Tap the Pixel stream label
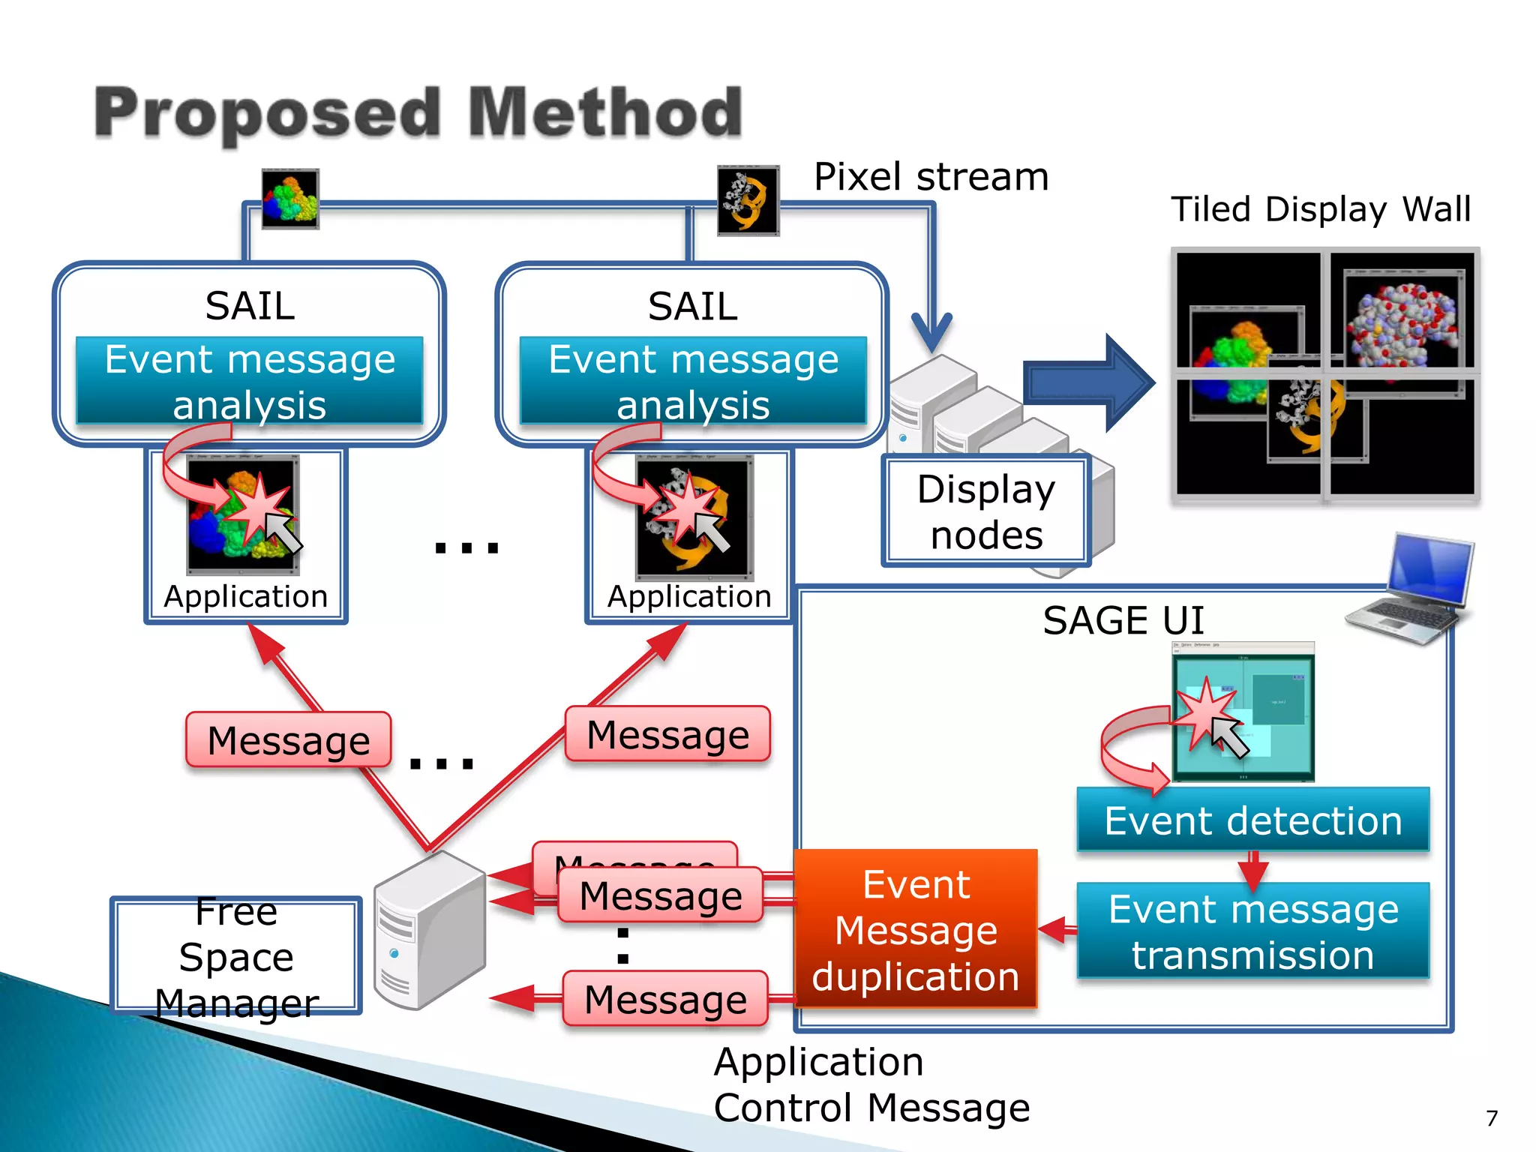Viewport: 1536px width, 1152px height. click(x=931, y=178)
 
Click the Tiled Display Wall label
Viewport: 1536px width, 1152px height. click(x=1320, y=209)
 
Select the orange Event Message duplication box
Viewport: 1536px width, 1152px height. click(x=916, y=930)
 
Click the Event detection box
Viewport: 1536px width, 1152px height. click(x=1252, y=820)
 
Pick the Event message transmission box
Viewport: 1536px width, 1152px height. click(x=1252, y=931)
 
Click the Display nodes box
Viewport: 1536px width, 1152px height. click(x=985, y=511)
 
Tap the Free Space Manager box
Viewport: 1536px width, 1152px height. click(x=236, y=956)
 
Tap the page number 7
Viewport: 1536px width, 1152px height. click(x=1492, y=1118)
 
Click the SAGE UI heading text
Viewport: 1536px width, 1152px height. click(x=1123, y=621)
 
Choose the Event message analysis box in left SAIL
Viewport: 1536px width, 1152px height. click(x=249, y=381)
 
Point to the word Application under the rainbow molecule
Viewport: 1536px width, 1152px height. click(x=246, y=597)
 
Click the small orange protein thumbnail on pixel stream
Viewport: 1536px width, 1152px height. click(x=748, y=200)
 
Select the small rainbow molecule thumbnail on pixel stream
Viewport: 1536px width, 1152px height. click(x=290, y=199)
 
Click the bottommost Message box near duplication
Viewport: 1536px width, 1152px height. click(x=665, y=1000)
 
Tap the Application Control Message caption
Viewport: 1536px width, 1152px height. click(x=871, y=1084)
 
